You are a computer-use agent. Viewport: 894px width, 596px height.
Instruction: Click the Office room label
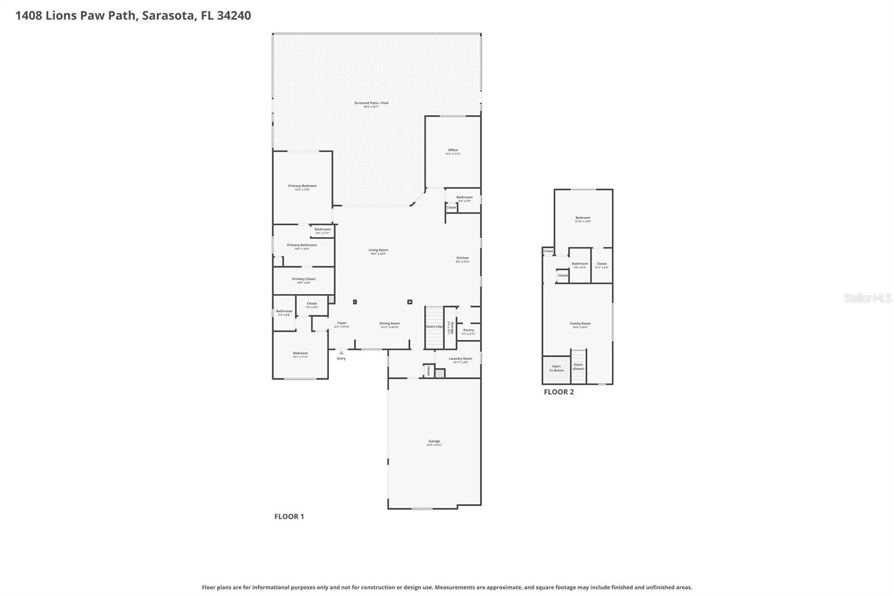[453, 150]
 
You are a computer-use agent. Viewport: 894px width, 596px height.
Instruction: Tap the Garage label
[434, 442]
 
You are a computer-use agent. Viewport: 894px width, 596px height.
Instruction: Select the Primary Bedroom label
[302, 186]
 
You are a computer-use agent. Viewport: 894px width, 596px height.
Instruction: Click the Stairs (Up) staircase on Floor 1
[434, 327]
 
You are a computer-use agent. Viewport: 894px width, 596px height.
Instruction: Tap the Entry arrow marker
[341, 353]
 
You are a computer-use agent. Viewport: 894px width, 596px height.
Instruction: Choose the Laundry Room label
[460, 359]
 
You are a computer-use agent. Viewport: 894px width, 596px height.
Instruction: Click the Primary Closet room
[303, 280]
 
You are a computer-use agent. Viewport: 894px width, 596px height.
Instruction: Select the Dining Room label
[389, 324]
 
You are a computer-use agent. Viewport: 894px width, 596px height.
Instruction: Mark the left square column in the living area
[355, 302]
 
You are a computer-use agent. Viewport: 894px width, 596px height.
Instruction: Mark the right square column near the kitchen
[410, 302]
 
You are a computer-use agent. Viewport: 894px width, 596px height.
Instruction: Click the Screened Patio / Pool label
[371, 103]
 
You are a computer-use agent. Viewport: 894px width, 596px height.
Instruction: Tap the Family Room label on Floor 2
[580, 324]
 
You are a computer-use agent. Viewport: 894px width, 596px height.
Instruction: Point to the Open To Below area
[557, 369]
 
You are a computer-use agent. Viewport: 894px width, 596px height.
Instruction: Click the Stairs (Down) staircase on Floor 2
[578, 366]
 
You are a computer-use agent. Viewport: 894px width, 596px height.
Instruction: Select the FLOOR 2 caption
[559, 392]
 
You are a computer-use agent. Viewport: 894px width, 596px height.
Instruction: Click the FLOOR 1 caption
[289, 517]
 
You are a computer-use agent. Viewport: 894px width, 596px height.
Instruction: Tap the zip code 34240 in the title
[234, 16]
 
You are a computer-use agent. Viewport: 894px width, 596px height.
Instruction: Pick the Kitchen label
[462, 258]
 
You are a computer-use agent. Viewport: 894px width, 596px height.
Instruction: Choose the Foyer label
[342, 323]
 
